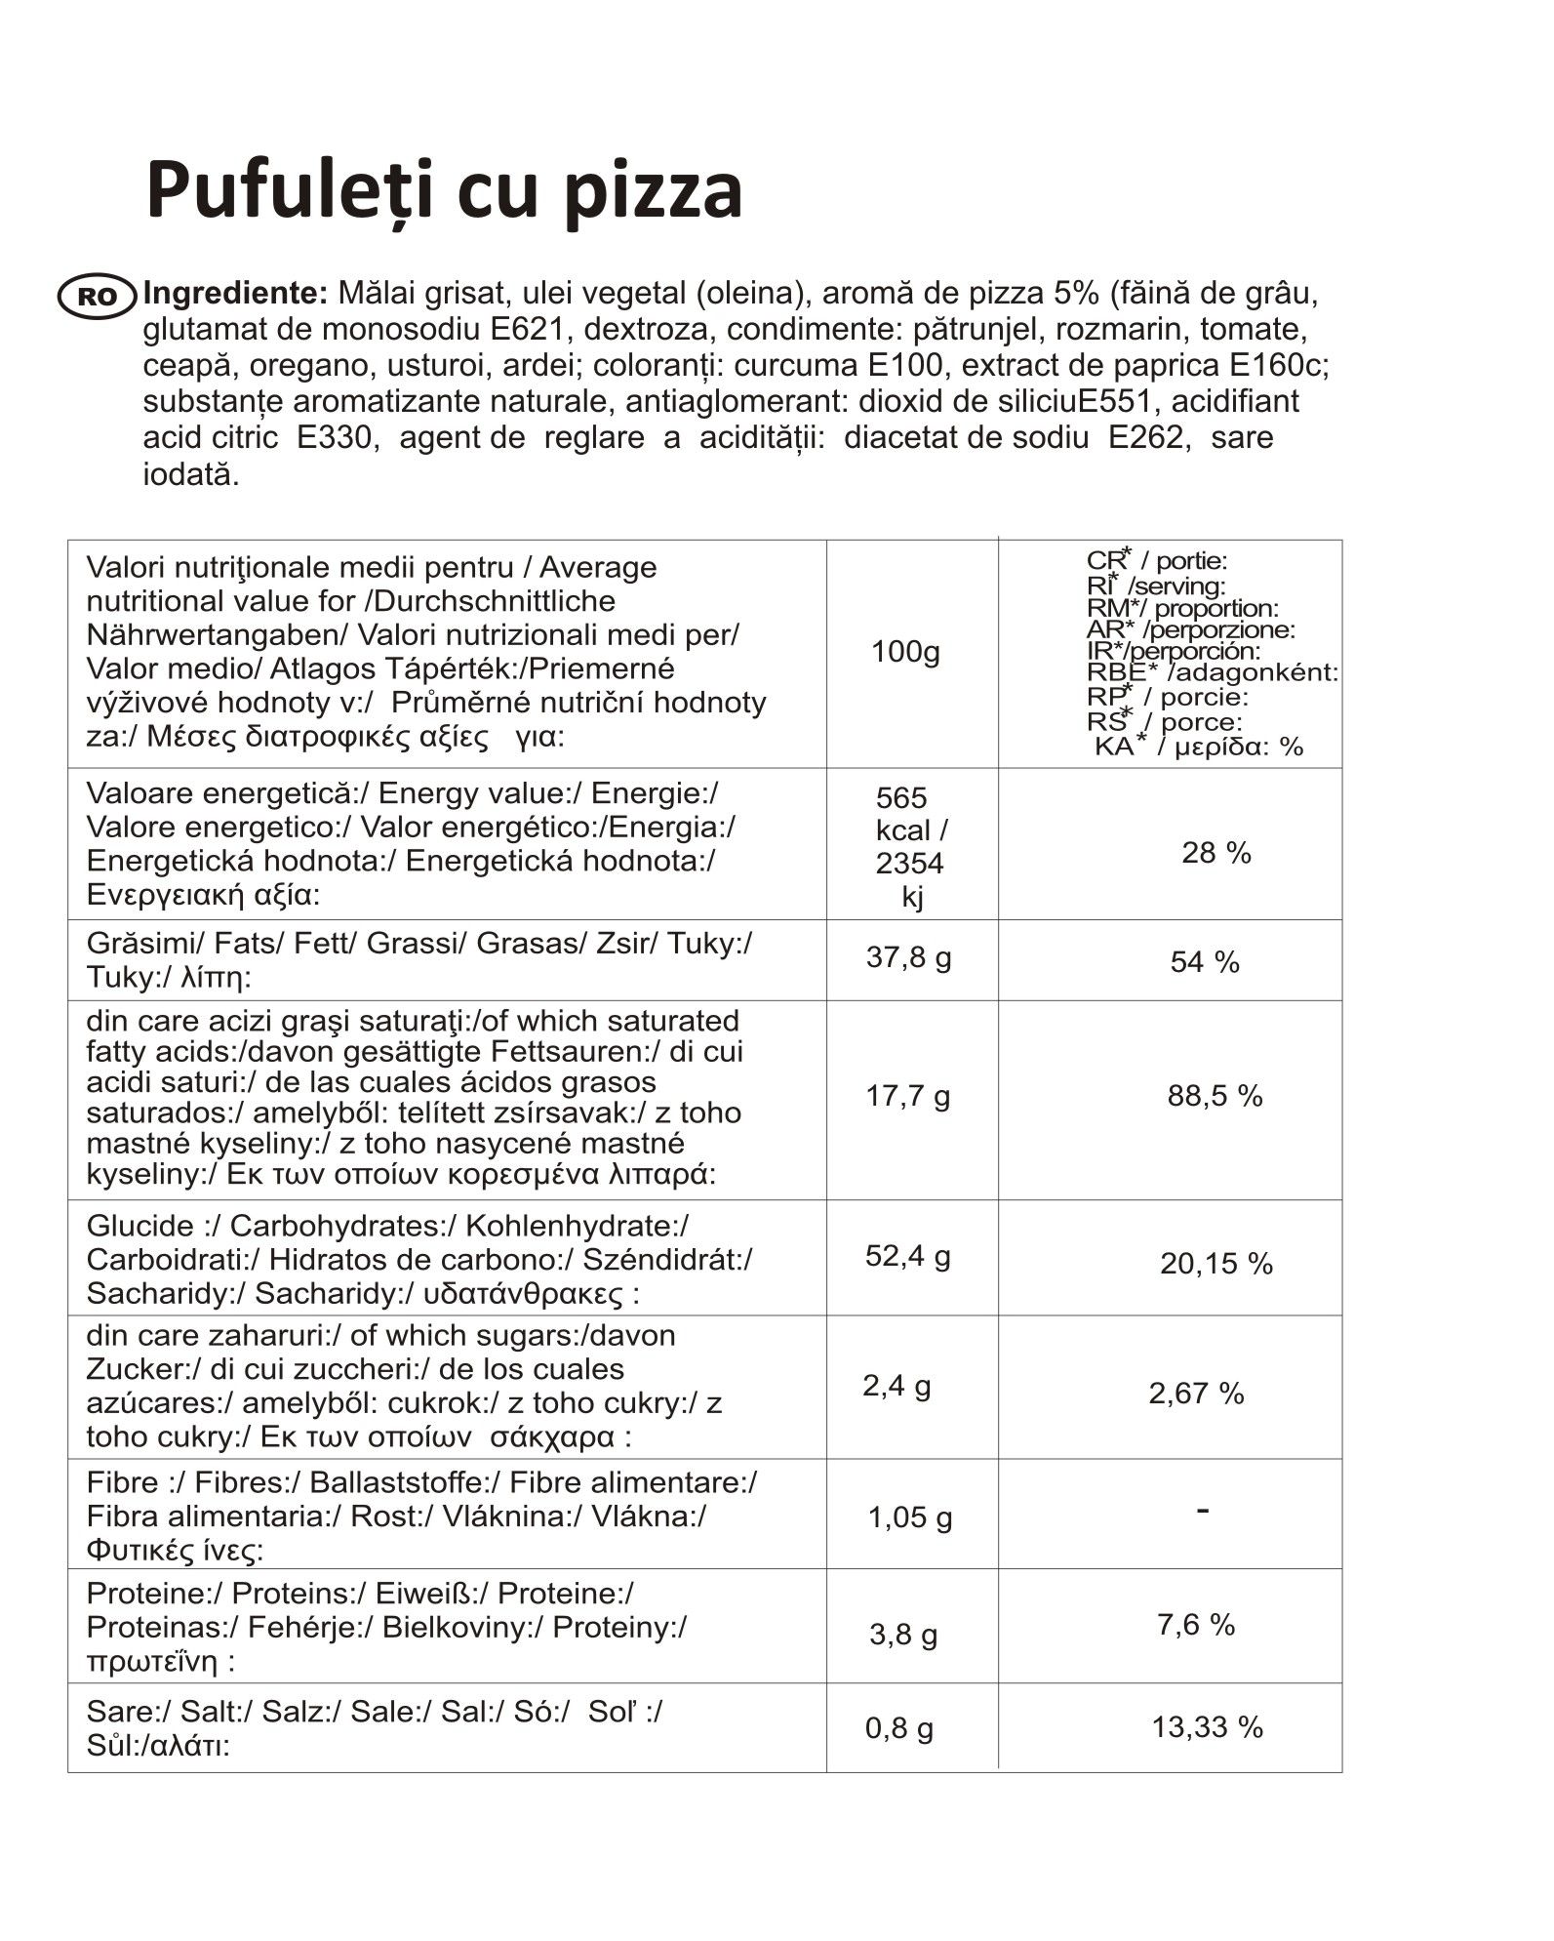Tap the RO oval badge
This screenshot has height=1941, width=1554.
98,297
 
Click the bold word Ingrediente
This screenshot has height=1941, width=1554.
235,293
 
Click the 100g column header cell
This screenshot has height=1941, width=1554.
905,651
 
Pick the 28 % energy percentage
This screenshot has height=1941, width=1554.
1215,853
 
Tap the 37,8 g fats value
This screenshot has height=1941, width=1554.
908,957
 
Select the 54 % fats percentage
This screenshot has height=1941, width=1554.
1205,962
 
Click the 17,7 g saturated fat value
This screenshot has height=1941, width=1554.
907,1096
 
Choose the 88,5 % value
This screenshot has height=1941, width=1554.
1215,1096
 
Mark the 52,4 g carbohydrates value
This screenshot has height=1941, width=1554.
907,1256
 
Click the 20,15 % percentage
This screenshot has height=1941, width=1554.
1215,1264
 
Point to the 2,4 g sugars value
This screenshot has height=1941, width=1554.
897,1386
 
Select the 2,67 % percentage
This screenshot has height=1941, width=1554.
1196,1394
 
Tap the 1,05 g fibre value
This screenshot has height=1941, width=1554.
910,1517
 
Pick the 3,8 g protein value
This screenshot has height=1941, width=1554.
903,1635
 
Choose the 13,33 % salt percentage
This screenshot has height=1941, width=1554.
1207,1727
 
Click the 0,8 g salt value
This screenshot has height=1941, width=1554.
898,1728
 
